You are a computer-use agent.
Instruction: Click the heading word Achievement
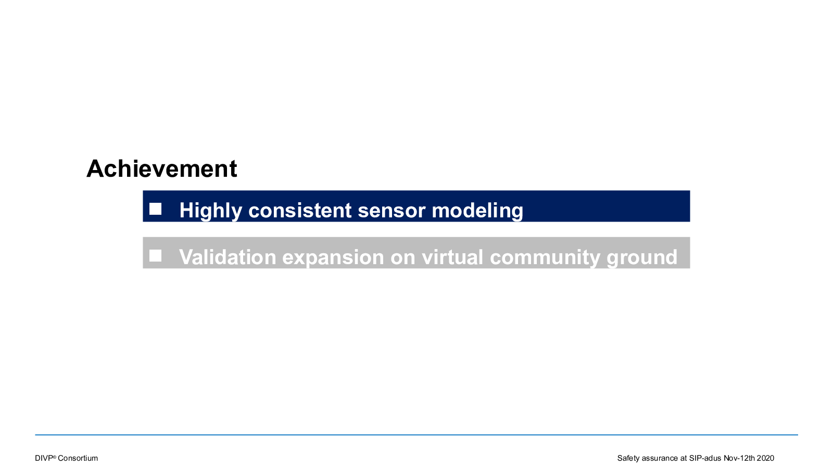162,168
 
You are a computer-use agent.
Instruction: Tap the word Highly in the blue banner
211,211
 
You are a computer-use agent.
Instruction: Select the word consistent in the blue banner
300,210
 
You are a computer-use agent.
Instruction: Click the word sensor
392,211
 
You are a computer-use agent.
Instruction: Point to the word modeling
477,211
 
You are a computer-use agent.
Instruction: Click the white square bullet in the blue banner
156,209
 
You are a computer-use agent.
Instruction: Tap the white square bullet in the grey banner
156,255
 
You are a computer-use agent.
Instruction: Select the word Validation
228,257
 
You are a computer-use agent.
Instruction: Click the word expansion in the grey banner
333,257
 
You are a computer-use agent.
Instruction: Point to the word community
545,257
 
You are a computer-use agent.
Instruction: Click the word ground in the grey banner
642,257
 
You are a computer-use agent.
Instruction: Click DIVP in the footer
44,458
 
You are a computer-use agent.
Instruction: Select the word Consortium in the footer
78,458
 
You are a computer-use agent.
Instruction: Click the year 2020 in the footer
765,458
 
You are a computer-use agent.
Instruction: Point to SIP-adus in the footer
705,458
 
